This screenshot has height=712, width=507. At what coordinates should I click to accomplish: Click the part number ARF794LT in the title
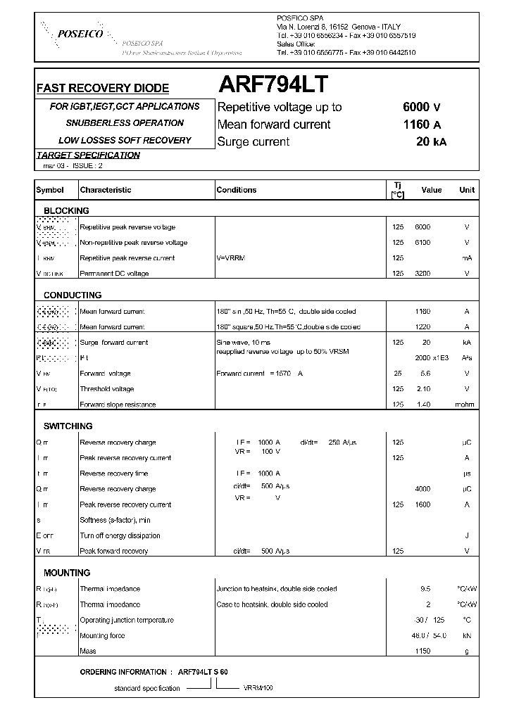[273, 85]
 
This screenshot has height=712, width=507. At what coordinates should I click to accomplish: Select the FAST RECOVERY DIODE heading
[102, 89]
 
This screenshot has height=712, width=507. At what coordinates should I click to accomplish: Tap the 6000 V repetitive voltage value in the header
[421, 108]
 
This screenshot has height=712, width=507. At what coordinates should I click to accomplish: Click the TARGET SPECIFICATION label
[88, 155]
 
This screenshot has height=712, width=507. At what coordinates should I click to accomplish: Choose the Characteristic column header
[106, 190]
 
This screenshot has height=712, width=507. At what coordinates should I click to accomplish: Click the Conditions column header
[236, 190]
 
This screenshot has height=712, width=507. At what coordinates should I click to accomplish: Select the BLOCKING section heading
[66, 211]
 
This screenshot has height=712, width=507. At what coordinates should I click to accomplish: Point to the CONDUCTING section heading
[72, 295]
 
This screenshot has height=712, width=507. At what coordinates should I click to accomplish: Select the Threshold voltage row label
[106, 389]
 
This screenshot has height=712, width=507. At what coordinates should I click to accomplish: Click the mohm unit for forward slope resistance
[465, 405]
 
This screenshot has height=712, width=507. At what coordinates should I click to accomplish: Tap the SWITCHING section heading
[68, 426]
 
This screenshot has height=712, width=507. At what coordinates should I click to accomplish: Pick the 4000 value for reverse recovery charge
[422, 489]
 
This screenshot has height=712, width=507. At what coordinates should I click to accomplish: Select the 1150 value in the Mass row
[422, 651]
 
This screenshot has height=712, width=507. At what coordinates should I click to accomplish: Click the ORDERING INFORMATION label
[123, 672]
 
